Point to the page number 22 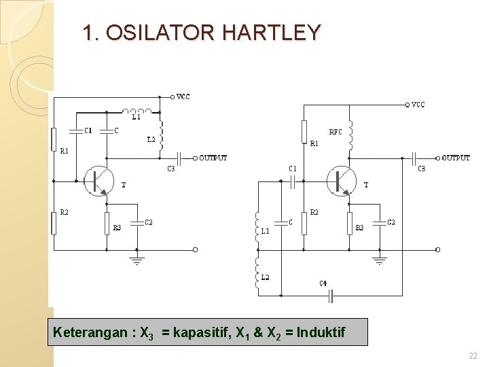click(x=473, y=356)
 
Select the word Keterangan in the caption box click(x=90, y=332)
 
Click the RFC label click(x=336, y=132)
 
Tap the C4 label click(x=323, y=283)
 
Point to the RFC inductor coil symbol click(x=350, y=136)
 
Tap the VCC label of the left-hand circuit click(x=183, y=97)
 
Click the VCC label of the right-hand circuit click(x=418, y=105)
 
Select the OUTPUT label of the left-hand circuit click(x=213, y=158)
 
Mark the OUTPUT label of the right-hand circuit click(x=456, y=158)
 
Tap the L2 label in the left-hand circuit click(x=151, y=139)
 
